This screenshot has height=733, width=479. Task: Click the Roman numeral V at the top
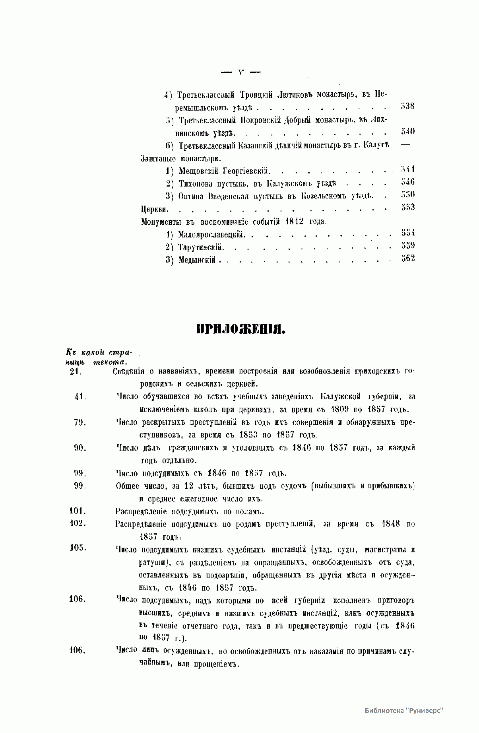[240, 72]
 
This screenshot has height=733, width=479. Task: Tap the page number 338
[407, 107]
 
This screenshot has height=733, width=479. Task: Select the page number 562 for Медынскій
[408, 258]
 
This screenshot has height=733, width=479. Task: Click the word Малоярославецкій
[211, 234]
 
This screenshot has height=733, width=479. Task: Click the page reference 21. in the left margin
[76, 372]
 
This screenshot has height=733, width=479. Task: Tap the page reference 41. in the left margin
[80, 397]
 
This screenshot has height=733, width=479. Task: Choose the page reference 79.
[80, 422]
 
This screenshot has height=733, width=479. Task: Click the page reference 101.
[78, 511]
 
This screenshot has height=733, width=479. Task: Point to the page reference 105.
[78, 548]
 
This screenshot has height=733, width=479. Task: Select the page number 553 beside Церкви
[408, 207]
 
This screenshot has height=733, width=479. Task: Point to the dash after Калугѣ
[405, 145]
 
